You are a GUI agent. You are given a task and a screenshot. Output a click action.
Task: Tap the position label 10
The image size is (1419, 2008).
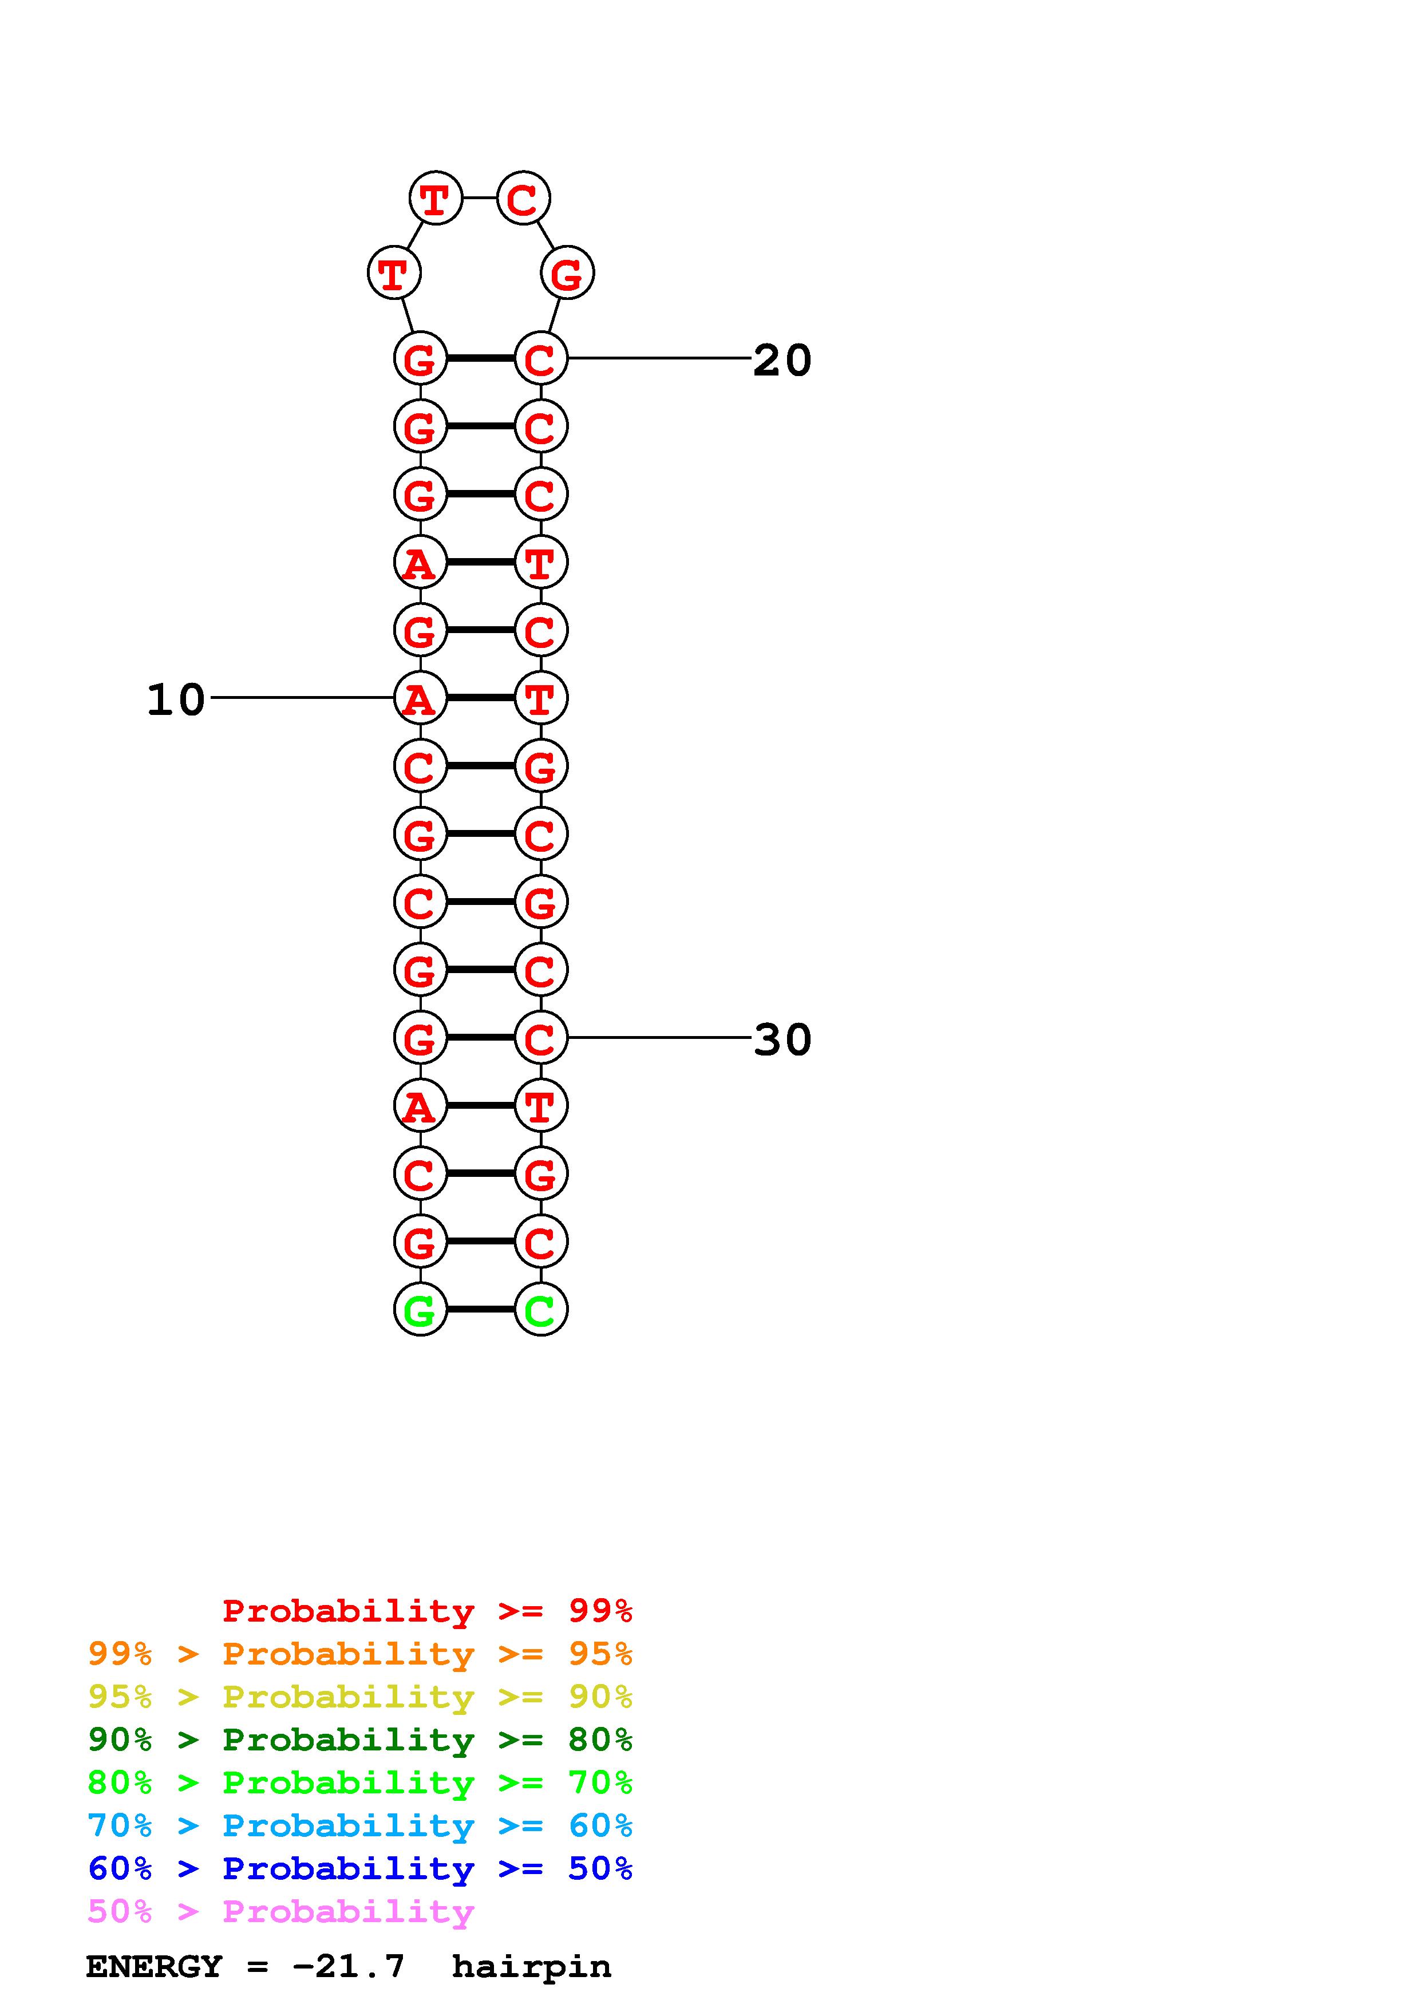(176, 699)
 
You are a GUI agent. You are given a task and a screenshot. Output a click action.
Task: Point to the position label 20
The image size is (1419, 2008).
(782, 360)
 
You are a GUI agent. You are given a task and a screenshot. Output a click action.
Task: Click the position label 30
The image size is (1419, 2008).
(782, 1040)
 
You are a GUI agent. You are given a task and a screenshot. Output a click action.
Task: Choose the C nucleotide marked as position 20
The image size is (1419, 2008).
(540, 358)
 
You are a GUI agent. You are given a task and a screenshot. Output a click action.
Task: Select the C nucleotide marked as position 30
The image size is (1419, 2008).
(540, 1038)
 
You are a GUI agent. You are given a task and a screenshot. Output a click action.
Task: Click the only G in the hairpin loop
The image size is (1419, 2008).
(567, 274)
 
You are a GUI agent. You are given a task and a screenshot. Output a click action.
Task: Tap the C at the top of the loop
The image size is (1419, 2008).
(523, 199)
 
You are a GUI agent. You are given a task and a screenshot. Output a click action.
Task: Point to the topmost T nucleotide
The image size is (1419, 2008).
(436, 199)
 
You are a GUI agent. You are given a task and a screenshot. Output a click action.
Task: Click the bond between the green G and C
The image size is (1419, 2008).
(480, 1309)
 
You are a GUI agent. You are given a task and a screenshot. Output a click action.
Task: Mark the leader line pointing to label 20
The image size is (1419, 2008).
(659, 358)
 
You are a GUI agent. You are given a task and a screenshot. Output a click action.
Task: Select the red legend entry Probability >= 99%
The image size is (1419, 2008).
(428, 1611)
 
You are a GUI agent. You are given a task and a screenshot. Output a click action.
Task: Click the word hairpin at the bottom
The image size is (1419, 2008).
(531, 1966)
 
